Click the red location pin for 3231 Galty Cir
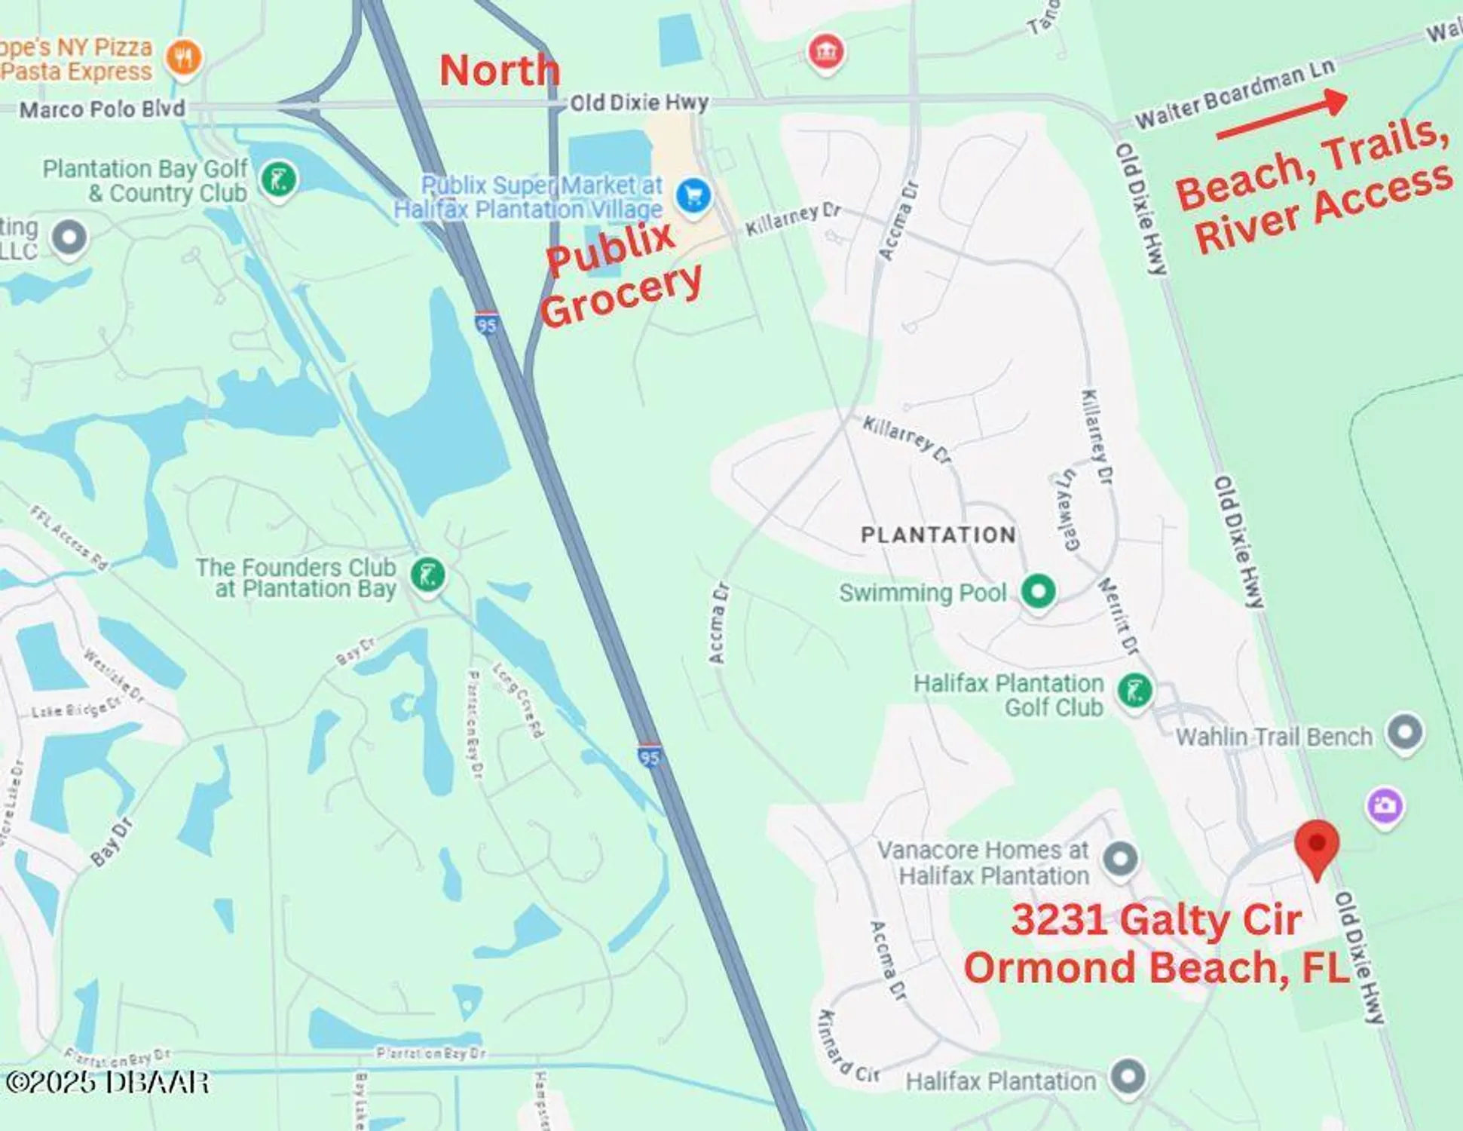point(1316,846)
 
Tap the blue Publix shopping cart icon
point(693,196)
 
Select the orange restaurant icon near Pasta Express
point(183,57)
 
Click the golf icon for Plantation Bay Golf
point(278,179)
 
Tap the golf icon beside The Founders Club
point(427,575)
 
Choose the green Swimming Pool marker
point(1038,591)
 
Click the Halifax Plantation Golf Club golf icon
point(1134,690)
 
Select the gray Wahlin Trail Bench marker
point(1405,732)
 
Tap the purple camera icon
point(1385,806)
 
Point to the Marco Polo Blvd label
point(102,109)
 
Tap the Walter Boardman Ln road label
point(1234,94)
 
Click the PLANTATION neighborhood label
point(938,535)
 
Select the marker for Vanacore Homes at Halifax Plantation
point(1119,858)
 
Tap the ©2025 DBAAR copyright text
point(107,1083)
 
